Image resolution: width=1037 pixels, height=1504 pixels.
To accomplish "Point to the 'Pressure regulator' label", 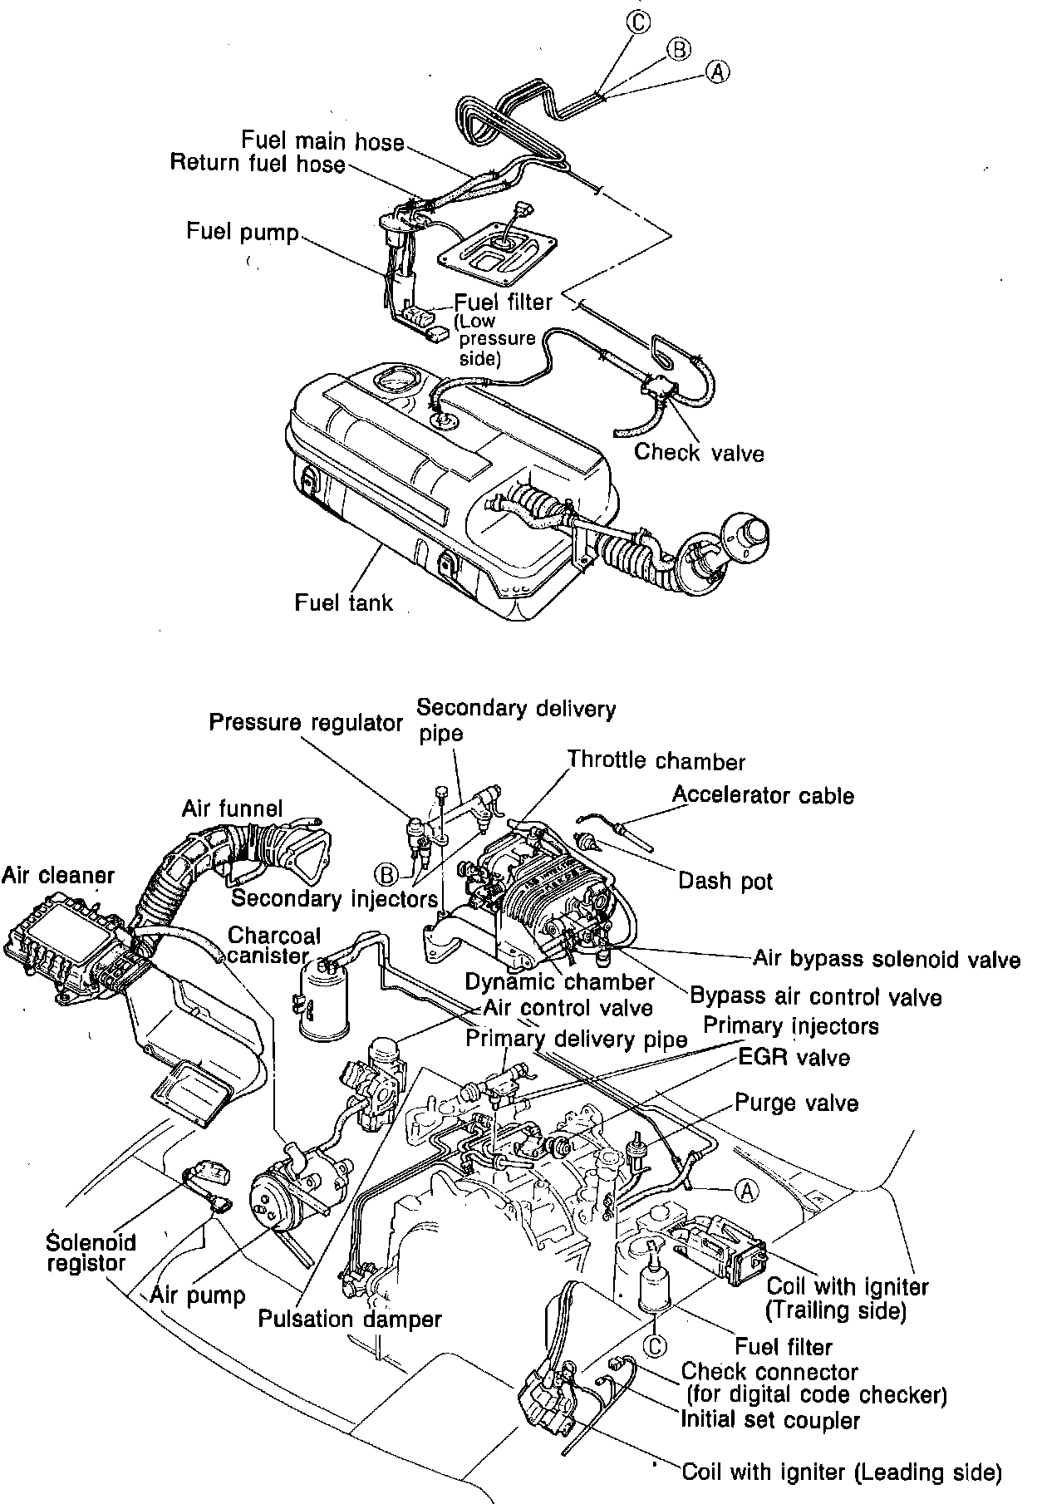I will click(306, 722).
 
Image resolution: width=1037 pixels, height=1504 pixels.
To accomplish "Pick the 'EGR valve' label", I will click(794, 1058).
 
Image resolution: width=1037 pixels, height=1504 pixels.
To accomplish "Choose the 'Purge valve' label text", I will click(796, 1103).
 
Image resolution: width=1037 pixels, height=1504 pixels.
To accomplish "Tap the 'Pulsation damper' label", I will click(349, 1319).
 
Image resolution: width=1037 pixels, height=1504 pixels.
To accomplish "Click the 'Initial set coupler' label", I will click(769, 1419).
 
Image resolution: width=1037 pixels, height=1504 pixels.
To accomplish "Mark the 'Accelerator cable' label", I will click(763, 795).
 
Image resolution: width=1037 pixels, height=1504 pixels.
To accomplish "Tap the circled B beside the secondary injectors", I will click(386, 873).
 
